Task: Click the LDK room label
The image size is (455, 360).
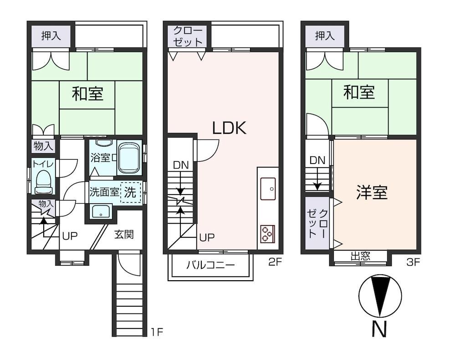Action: point(229,128)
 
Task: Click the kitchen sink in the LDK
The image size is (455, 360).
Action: point(268,189)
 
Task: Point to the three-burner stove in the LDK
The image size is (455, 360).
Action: point(268,234)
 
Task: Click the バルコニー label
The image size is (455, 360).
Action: point(210,265)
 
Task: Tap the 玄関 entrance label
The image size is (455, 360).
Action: point(124,234)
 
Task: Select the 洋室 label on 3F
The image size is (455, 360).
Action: point(372,192)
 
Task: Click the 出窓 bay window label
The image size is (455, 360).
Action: point(360,256)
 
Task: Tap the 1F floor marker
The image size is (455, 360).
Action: point(157,332)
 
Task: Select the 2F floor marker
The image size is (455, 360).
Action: point(275,262)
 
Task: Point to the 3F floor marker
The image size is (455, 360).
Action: point(413,262)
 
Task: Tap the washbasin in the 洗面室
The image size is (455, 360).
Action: point(101,211)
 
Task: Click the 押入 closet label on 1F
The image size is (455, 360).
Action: point(51,36)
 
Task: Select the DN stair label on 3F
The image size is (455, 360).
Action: point(317,160)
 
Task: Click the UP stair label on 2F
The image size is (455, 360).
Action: point(207,237)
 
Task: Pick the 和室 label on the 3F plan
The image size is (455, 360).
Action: point(359,92)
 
